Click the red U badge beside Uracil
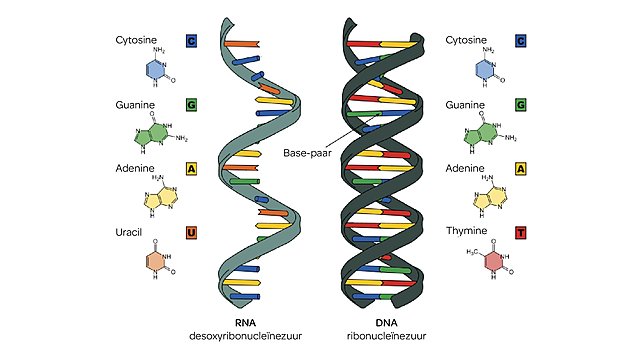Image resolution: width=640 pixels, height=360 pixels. tap(191, 232)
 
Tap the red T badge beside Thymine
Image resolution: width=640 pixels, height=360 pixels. tap(519, 232)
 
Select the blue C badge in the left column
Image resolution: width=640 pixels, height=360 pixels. tap(191, 42)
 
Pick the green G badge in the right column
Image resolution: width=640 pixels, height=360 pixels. tap(519, 105)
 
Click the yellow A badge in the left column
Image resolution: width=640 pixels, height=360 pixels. tap(191, 169)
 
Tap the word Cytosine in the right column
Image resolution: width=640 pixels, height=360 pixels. tap(469, 42)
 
